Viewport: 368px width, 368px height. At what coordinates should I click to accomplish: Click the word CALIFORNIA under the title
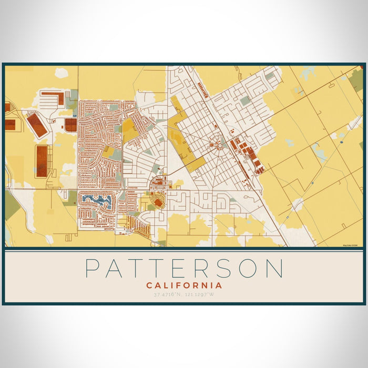(184, 285)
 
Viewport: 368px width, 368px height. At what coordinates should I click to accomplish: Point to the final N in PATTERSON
(273, 269)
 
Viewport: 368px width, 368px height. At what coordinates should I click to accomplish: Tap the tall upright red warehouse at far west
(42, 161)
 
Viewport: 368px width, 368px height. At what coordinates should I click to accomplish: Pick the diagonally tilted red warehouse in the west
(36, 124)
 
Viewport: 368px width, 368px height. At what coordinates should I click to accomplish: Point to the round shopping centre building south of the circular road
(158, 202)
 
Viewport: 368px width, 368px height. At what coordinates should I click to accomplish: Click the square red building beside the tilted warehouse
(70, 125)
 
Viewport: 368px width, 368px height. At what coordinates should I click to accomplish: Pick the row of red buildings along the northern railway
(203, 90)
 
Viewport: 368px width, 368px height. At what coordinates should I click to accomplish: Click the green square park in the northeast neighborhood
(245, 100)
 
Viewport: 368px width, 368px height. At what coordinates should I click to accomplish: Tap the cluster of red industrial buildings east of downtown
(249, 155)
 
